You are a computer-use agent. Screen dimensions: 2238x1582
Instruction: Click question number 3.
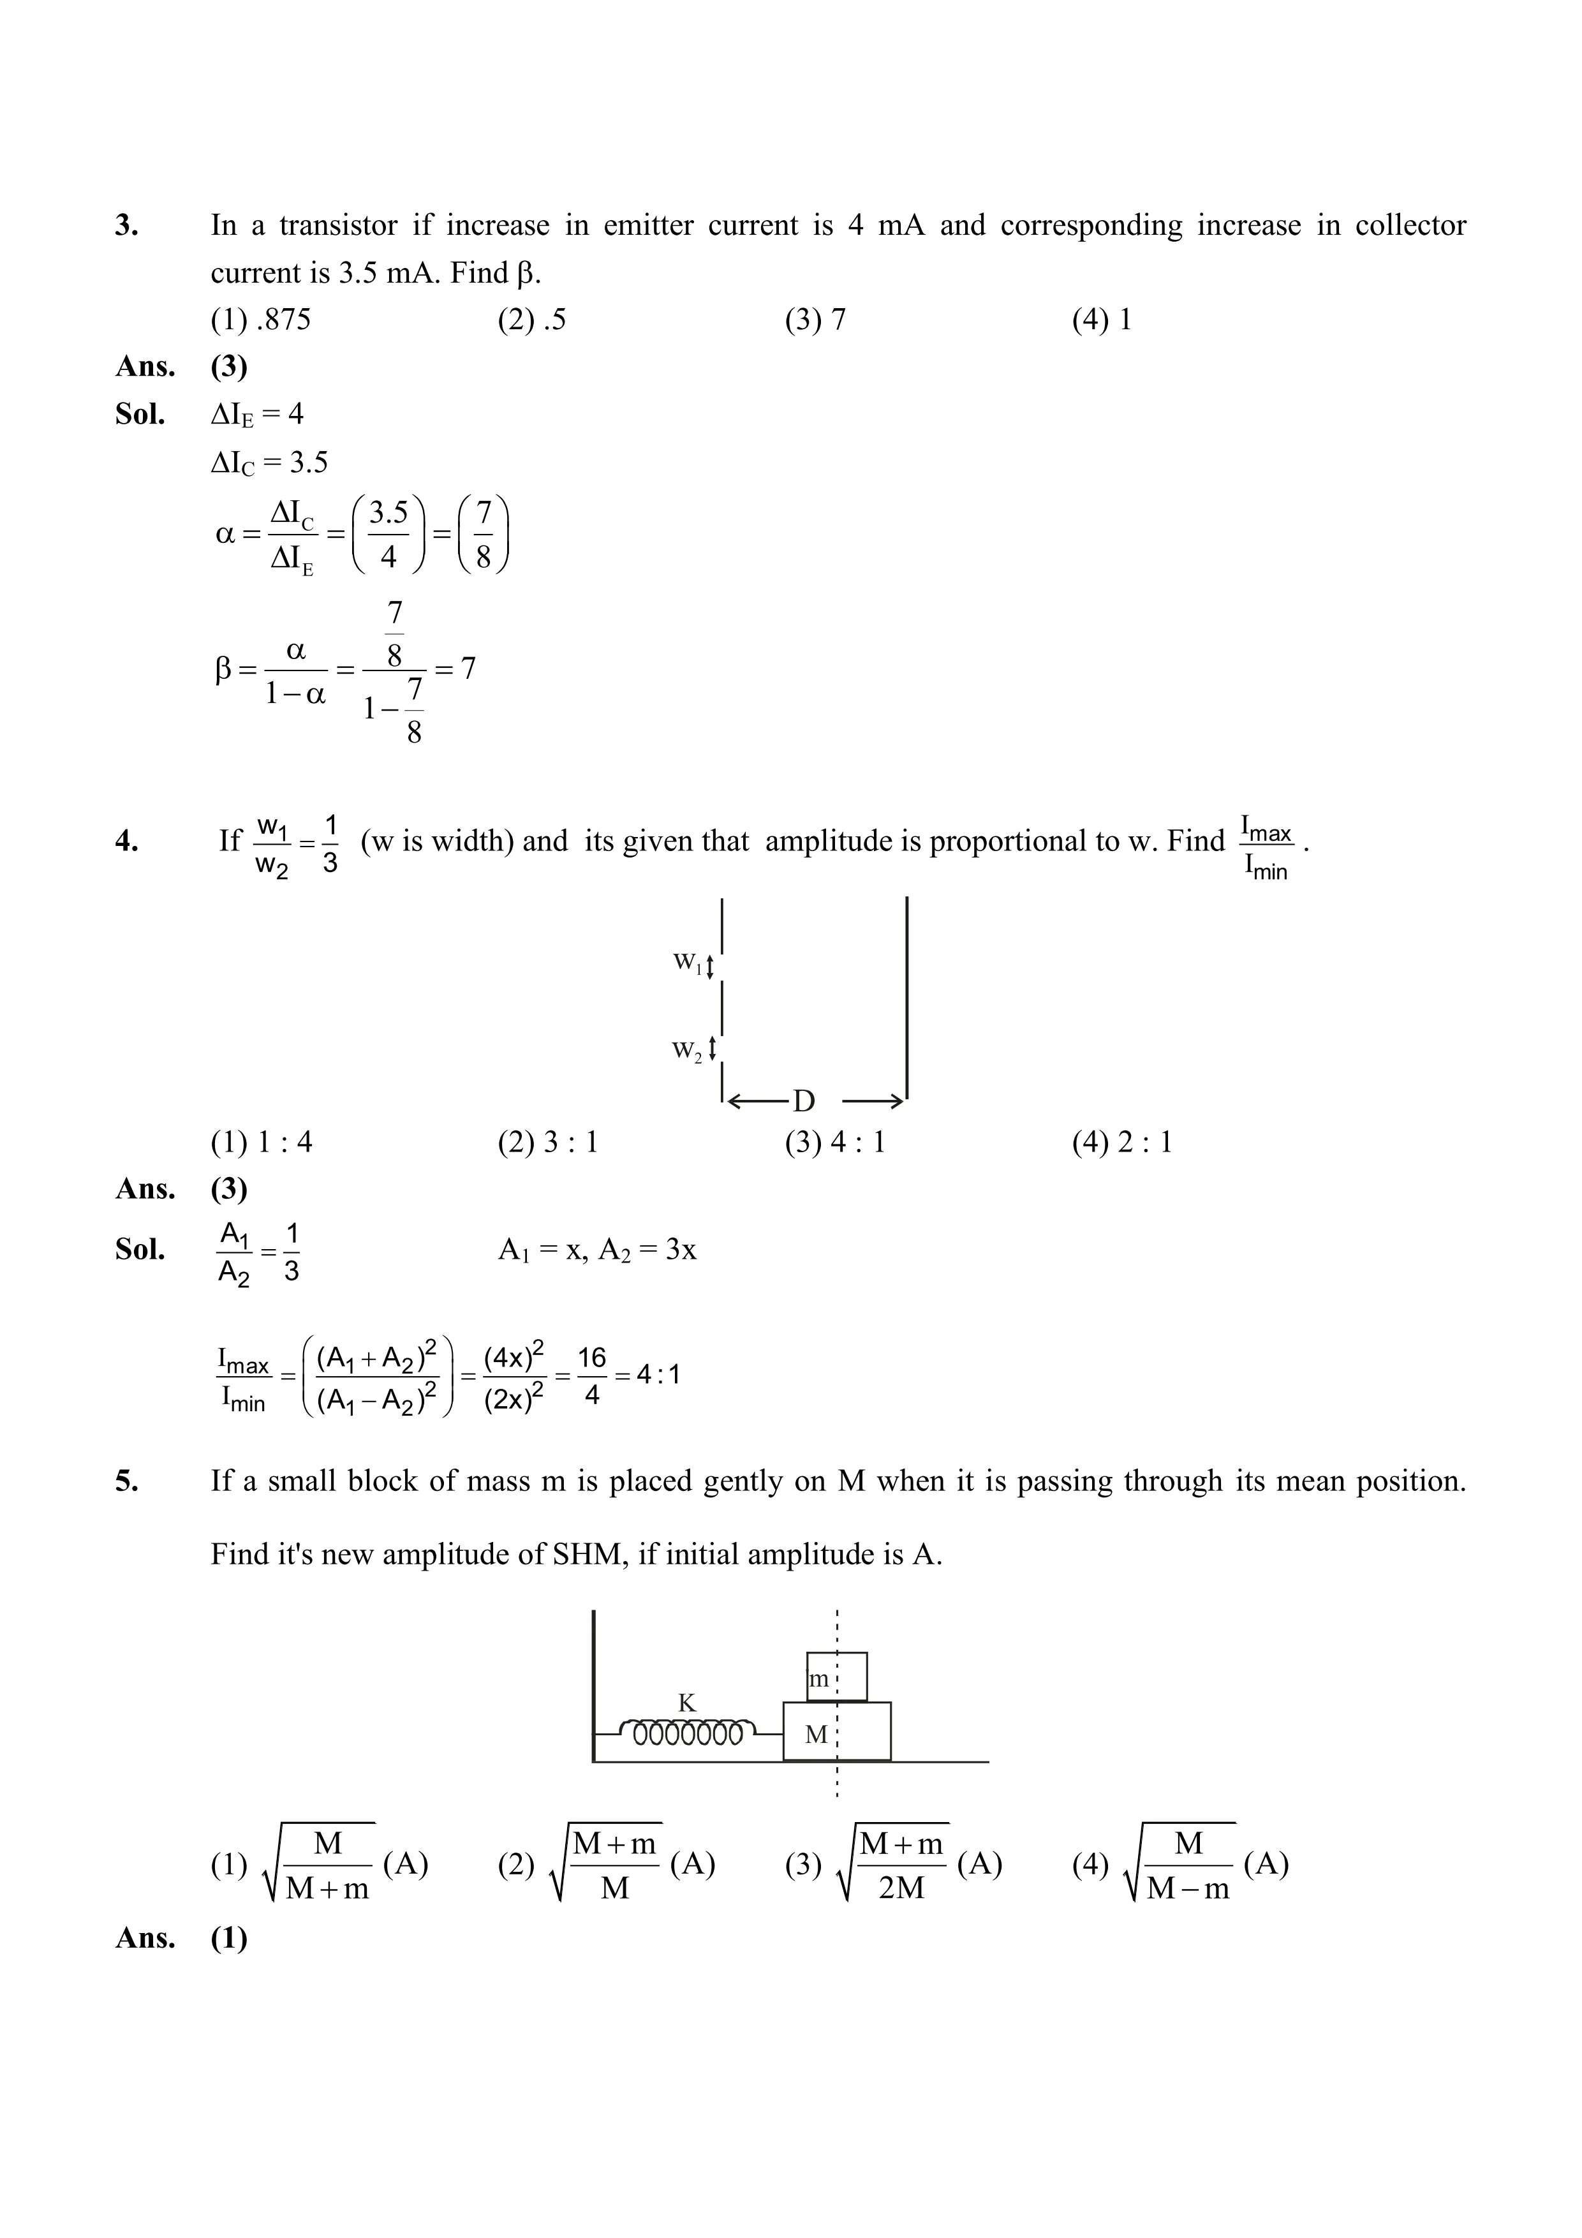(x=127, y=226)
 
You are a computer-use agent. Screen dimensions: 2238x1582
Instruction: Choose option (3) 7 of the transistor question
(x=815, y=320)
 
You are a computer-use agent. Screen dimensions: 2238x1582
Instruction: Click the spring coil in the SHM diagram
(x=688, y=1734)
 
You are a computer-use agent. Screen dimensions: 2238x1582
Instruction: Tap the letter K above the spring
(x=687, y=1703)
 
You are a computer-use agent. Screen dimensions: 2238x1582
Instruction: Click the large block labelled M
(x=836, y=1735)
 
